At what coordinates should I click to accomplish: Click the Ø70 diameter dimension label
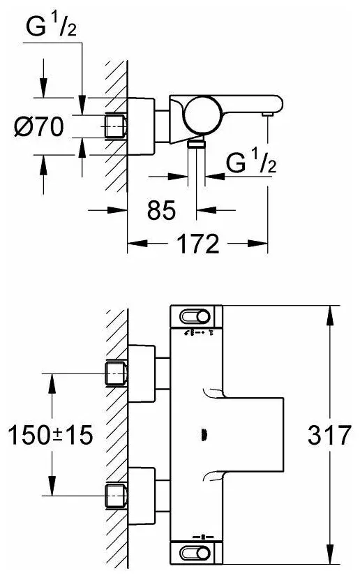click(38, 126)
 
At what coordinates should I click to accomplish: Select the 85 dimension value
click(161, 211)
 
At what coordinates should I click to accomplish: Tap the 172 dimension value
click(198, 244)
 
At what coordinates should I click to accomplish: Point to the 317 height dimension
click(329, 435)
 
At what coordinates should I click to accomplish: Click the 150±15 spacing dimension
click(50, 435)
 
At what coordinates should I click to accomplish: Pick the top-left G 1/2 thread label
click(51, 27)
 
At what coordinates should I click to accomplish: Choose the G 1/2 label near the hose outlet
click(251, 162)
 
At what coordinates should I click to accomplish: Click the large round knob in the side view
click(204, 115)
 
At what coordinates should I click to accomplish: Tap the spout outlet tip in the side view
click(267, 114)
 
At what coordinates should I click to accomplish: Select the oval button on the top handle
click(195, 317)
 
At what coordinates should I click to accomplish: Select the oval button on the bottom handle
click(195, 553)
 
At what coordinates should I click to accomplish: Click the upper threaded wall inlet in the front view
click(117, 374)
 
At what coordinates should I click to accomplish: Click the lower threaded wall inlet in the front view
click(117, 496)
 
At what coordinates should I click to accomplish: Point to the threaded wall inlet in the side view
click(117, 126)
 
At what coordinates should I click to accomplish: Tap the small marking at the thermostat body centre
click(203, 435)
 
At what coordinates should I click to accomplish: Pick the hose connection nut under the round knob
click(196, 143)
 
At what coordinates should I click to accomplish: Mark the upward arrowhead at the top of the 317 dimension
click(329, 315)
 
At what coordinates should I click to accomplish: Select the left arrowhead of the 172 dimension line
click(137, 244)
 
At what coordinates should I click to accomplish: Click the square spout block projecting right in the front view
click(253, 435)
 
